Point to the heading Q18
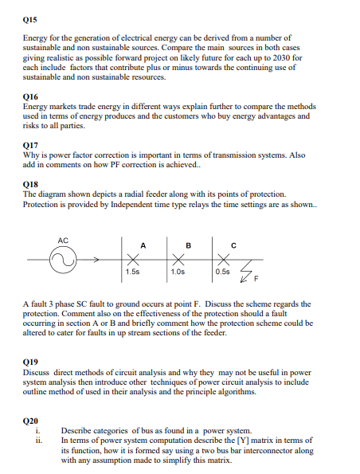click(31, 184)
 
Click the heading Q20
click(31, 420)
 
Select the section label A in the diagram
click(143, 245)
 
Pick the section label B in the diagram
click(188, 245)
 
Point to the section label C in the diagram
click(233, 245)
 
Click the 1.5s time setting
click(132, 272)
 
